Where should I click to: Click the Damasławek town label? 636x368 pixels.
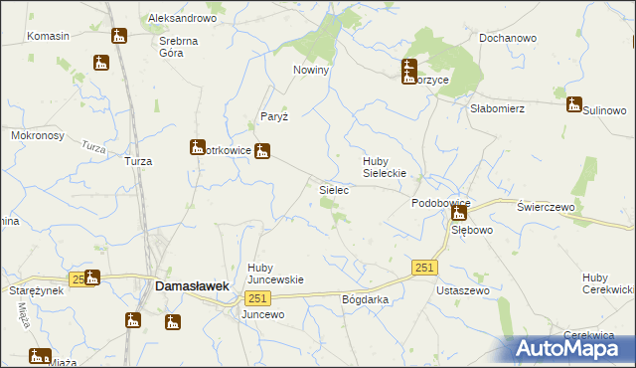(x=193, y=285)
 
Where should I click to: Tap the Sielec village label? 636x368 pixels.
(x=332, y=188)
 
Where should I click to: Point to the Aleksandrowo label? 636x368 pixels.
(x=182, y=19)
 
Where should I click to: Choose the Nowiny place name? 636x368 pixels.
(x=311, y=70)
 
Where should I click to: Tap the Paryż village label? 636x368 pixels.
(x=273, y=116)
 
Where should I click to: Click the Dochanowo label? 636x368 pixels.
(x=507, y=38)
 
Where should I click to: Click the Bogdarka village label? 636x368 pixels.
(x=364, y=299)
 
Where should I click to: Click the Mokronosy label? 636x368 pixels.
(x=37, y=134)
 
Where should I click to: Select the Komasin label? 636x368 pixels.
(x=48, y=36)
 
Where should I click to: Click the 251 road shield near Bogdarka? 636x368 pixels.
(x=257, y=298)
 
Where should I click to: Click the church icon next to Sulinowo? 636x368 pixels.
(x=573, y=103)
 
